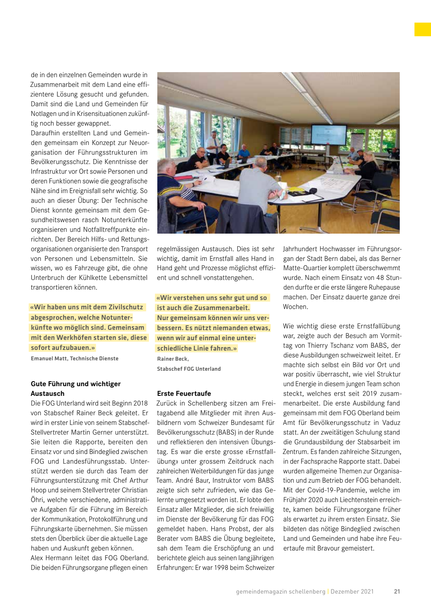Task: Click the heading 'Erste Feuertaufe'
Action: pos(184,393)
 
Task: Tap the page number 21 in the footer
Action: pos(397,591)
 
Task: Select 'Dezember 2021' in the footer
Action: pos(352,591)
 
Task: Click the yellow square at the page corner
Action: pos(423,29)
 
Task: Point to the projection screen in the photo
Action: pos(328,135)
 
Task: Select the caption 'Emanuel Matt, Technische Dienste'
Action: pos(75,359)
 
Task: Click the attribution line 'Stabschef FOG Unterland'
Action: pos(189,369)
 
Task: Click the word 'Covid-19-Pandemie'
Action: pos(325,490)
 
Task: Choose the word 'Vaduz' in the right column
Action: pos(391,423)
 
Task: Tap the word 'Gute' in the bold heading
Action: pos(38,384)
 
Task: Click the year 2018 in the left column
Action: pos(140,403)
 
